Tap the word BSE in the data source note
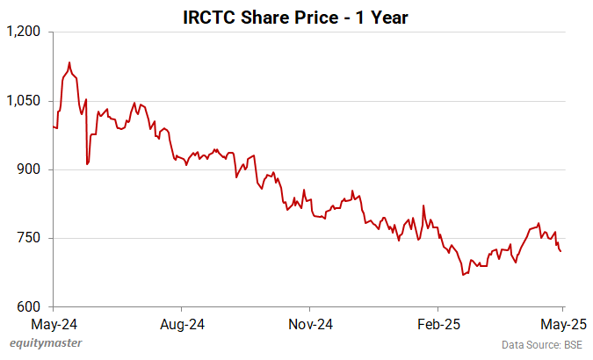pyautogui.click(x=571, y=345)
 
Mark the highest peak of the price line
pyautogui.click(x=69, y=62)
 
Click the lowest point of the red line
pyautogui.click(x=463, y=275)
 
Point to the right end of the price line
pyautogui.click(x=561, y=251)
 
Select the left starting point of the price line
pyautogui.click(x=54, y=126)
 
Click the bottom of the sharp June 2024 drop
pyautogui.click(x=87, y=164)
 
